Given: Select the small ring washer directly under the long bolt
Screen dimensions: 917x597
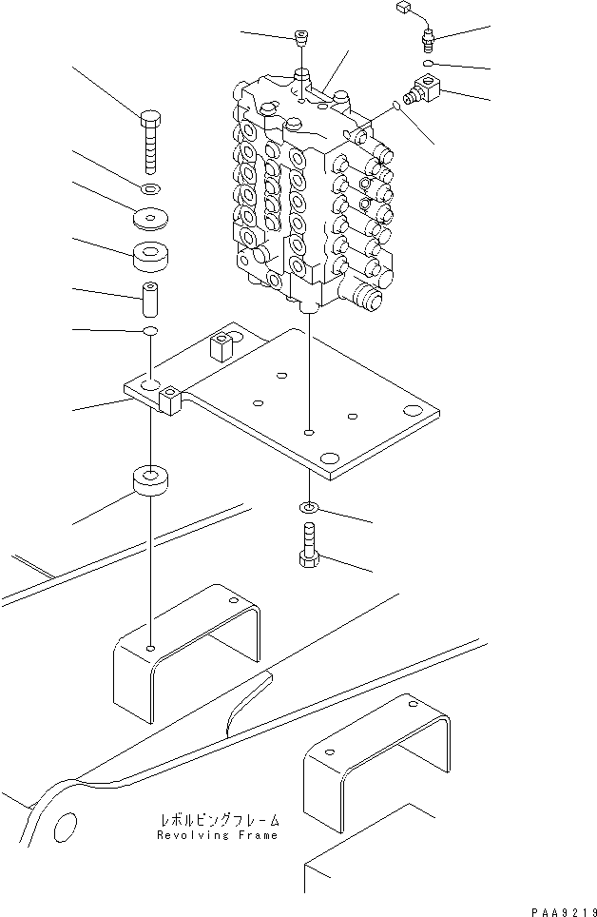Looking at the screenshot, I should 151,188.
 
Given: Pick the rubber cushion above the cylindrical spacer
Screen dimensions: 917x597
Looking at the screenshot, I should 151,257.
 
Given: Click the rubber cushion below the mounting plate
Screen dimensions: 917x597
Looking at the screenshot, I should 151,480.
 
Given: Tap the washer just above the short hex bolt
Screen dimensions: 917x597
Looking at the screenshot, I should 310,508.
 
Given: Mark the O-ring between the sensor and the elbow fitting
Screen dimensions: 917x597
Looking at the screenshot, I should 429,64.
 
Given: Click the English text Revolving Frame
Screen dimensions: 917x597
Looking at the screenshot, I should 219,835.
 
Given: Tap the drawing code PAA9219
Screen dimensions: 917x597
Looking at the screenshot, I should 560,908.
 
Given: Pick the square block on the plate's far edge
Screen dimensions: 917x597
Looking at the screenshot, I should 222,346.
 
